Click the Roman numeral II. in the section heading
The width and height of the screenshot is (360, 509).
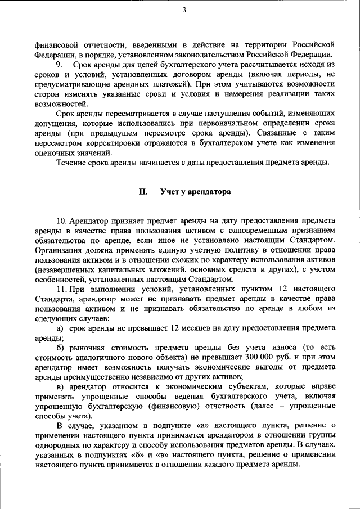tap(143, 191)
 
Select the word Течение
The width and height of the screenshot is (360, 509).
tap(73, 163)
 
